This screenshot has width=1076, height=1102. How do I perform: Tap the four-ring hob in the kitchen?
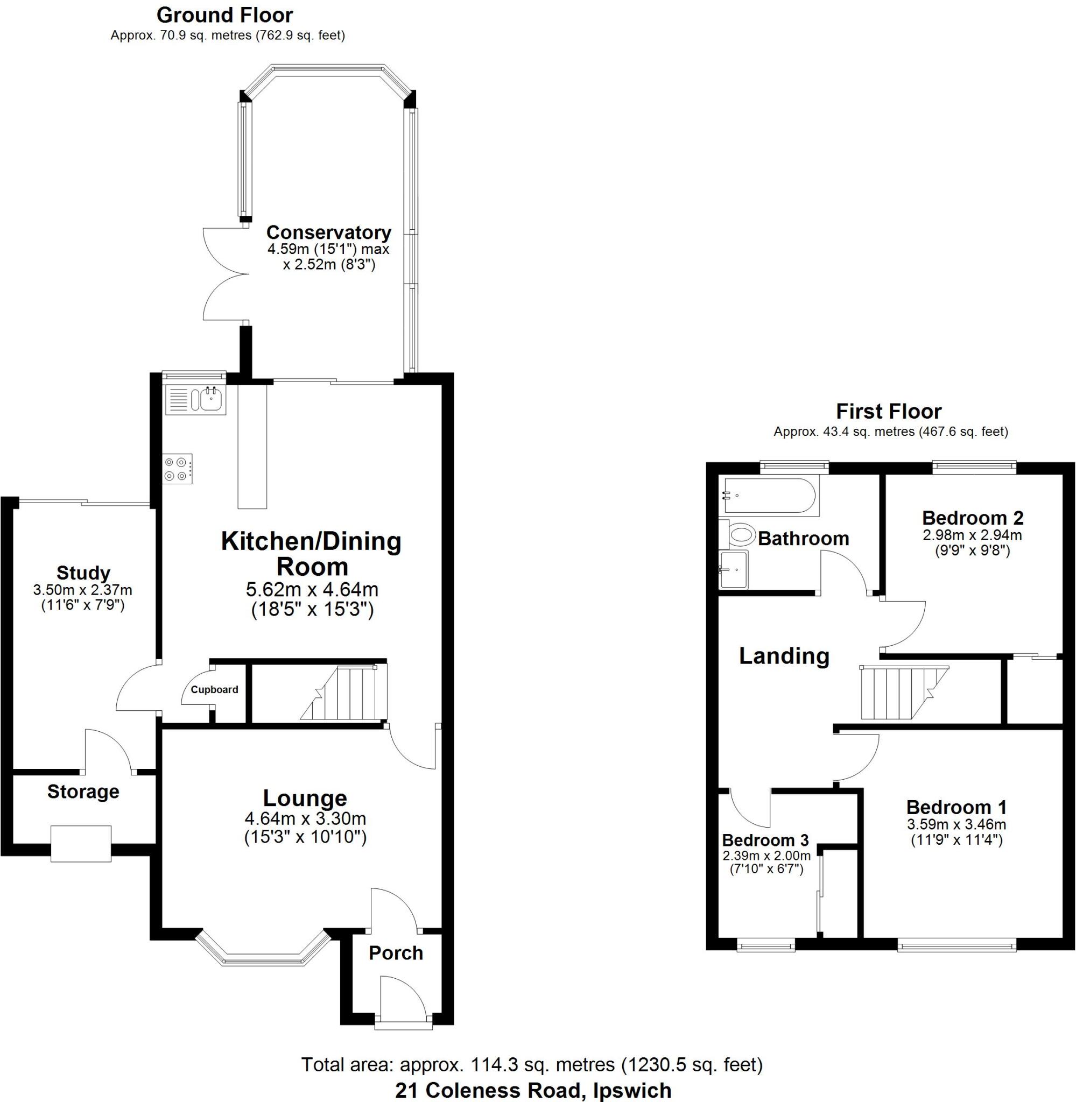(178, 469)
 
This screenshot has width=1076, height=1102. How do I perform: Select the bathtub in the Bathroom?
(769, 496)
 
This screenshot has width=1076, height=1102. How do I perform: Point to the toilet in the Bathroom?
(741, 534)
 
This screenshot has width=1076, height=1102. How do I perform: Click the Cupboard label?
(214, 690)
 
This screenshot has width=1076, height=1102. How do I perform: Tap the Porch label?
(396, 953)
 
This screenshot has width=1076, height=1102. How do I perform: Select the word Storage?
(83, 792)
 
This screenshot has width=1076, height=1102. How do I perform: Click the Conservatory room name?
(328, 232)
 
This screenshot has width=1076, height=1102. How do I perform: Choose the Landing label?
(784, 656)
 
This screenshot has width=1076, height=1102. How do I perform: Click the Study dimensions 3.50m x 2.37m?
(82, 590)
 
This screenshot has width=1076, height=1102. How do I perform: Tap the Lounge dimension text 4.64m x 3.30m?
(305, 818)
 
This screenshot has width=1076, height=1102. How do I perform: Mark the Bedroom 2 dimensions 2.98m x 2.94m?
(972, 534)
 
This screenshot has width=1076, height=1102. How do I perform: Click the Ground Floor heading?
(224, 15)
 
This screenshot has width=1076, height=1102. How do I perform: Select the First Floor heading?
(888, 411)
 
